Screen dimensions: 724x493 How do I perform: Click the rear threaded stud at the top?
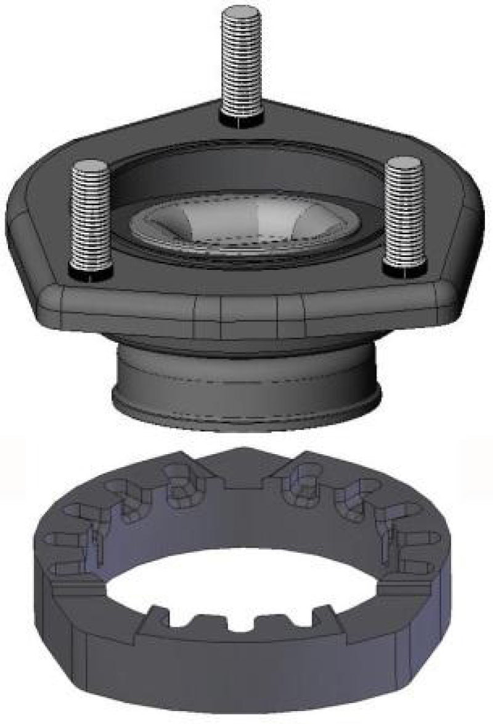(x=242, y=62)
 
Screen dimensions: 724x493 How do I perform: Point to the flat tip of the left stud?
(x=91, y=165)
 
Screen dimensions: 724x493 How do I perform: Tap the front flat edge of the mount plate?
(x=246, y=308)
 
